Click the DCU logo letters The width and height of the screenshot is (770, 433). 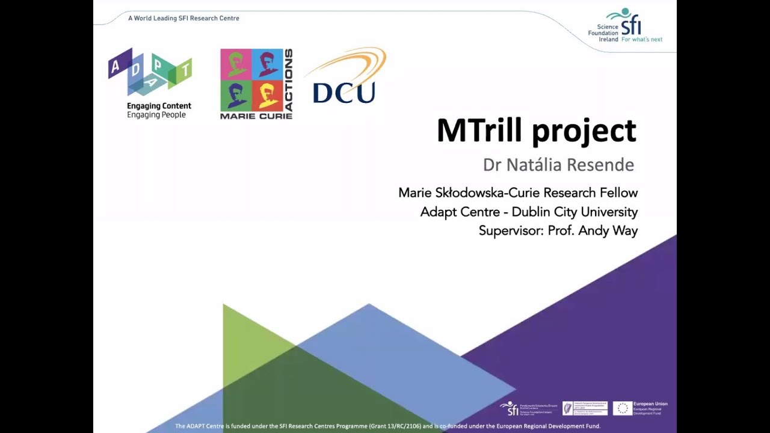tap(343, 93)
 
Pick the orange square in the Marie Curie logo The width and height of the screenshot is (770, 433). tap(267, 96)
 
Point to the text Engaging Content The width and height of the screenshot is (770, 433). tap(159, 106)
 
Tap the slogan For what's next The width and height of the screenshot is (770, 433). tap(641, 40)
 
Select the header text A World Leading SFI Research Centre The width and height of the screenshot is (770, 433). tap(183, 18)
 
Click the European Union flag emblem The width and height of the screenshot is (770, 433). tap(623, 409)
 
